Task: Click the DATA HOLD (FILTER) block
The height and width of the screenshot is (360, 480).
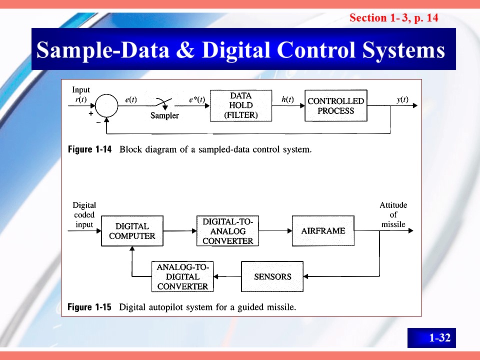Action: click(x=240, y=105)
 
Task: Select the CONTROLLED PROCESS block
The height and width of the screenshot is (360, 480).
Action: click(x=335, y=105)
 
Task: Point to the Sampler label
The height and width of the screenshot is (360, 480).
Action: click(x=164, y=115)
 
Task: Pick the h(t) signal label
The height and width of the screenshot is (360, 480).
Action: click(x=287, y=99)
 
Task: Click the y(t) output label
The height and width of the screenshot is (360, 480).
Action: click(x=402, y=99)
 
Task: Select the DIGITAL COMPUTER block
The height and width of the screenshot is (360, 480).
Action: click(x=132, y=231)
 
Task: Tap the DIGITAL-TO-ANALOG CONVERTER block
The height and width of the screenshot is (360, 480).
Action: click(x=228, y=231)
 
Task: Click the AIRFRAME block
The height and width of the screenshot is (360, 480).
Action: click(x=322, y=231)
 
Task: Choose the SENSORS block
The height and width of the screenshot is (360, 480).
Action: click(x=272, y=276)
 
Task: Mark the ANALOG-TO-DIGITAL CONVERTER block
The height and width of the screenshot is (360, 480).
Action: click(x=182, y=276)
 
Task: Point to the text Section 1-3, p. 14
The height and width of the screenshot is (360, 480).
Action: click(x=394, y=18)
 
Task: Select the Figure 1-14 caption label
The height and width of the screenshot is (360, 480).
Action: click(x=89, y=149)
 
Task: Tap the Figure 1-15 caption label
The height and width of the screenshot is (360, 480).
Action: click(x=89, y=307)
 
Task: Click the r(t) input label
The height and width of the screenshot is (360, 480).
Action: click(x=79, y=99)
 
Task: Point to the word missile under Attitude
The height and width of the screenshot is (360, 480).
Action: click(x=393, y=224)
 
